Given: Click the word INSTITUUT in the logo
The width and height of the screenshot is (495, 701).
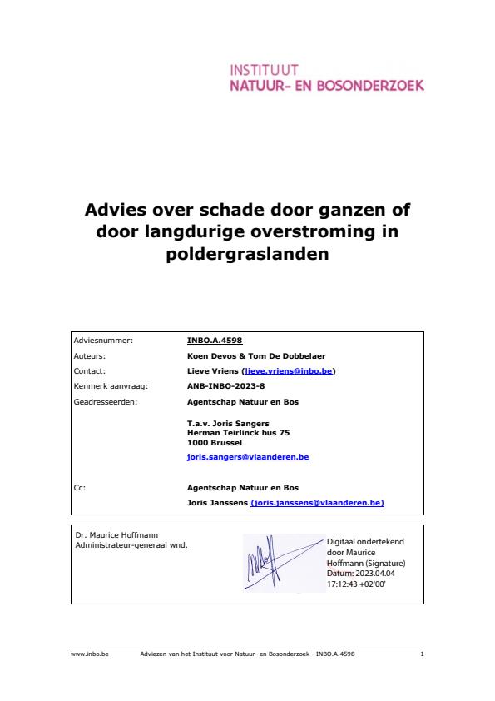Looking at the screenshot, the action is pos(264,70).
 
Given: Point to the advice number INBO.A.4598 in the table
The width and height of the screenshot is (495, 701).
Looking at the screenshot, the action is pos(215,341).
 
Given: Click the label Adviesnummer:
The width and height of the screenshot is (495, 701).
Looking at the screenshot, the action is pos(103,341).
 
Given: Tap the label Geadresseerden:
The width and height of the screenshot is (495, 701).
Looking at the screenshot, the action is pos(106,402).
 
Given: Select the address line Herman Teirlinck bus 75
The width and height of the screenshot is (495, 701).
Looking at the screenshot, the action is pos(239,433).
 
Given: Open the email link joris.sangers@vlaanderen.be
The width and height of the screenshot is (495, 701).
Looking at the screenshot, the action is pos(248,457).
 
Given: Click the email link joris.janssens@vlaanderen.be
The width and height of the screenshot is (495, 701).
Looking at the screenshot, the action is pos(317,503).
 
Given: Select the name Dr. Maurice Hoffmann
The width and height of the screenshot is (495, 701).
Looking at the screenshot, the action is pos(116,534).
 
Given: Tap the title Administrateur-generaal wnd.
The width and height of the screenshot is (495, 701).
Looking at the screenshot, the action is pos(131,544).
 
